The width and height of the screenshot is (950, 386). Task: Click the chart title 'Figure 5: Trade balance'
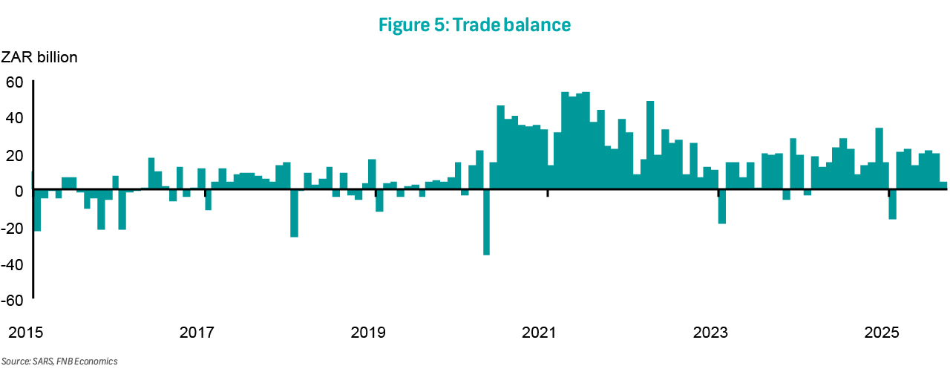[474, 24]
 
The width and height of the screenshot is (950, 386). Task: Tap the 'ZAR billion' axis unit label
[39, 57]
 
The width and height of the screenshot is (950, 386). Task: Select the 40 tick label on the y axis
[16, 118]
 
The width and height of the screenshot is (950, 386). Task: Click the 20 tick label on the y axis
[16, 154]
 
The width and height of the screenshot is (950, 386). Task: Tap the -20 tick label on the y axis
[14, 228]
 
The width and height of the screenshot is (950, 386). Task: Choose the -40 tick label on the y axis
[14, 264]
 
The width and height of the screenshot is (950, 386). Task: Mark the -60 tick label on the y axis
[14, 301]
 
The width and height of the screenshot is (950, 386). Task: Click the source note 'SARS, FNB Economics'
[59, 362]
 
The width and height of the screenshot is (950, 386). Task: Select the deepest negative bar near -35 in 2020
[486, 223]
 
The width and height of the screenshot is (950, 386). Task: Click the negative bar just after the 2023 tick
[721, 207]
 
